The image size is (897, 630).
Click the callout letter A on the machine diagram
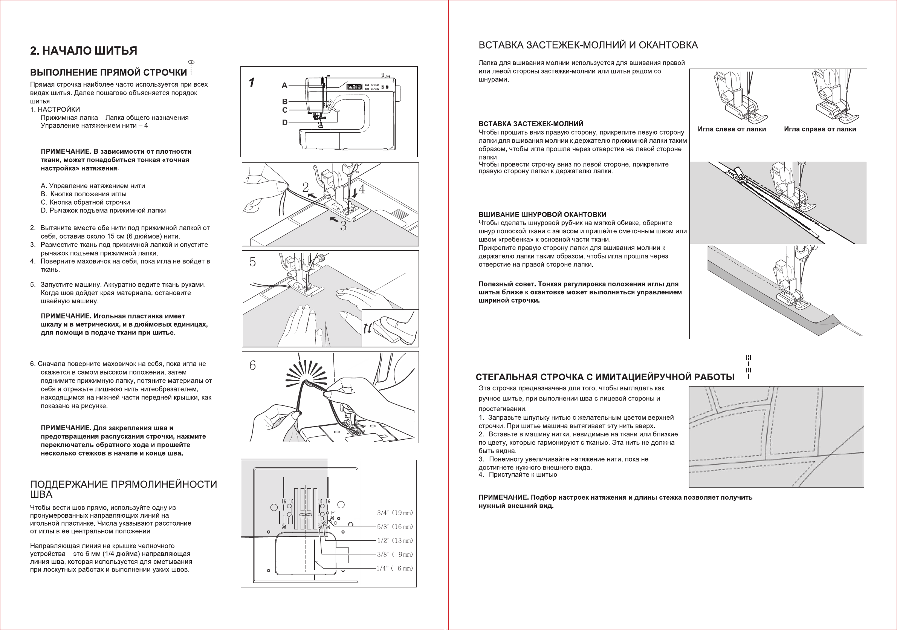[x=284, y=85]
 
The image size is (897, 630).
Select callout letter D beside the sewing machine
[x=285, y=123]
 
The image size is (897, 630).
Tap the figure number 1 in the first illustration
[x=252, y=83]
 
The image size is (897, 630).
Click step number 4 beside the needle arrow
[x=362, y=190]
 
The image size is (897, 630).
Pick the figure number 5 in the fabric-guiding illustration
[x=252, y=262]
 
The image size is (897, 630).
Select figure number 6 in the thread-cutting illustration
[x=252, y=365]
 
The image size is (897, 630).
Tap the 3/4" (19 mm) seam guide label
[x=394, y=513]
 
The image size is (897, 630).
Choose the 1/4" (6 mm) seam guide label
[x=394, y=568]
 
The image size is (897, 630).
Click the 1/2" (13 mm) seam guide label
[x=394, y=540]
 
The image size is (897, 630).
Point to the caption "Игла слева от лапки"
[x=732, y=129]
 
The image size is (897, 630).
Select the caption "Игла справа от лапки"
[x=820, y=129]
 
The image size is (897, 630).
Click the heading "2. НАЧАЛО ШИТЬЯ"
[x=84, y=51]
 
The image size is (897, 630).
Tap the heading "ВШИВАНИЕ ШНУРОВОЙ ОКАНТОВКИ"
[x=542, y=214]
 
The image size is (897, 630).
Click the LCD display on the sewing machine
[x=355, y=87]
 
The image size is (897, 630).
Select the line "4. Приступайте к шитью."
[x=518, y=475]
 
